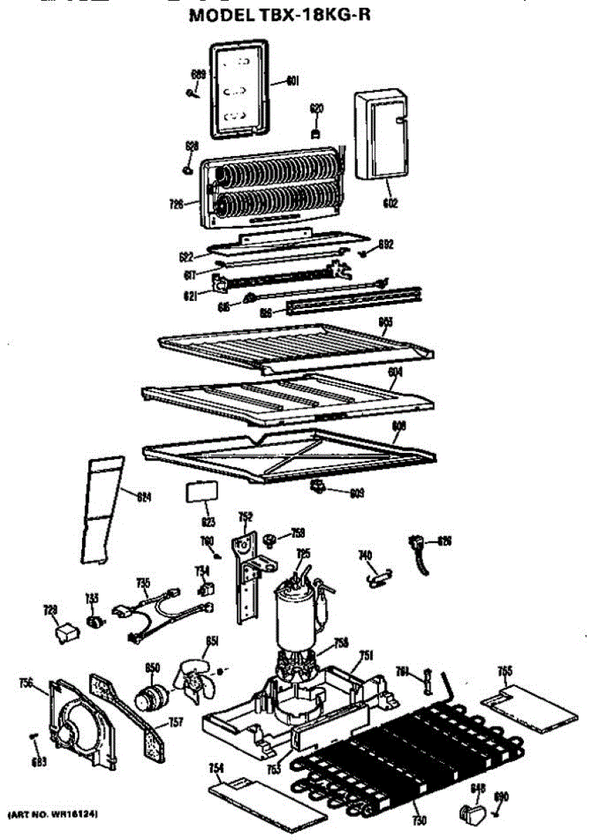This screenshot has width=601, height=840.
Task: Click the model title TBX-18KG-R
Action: click(279, 15)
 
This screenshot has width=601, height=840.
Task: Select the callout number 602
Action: click(390, 204)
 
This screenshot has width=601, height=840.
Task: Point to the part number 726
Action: click(176, 204)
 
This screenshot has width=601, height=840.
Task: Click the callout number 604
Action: click(395, 374)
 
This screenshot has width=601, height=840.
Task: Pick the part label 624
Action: click(144, 498)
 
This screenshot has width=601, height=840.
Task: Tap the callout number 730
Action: click(420, 820)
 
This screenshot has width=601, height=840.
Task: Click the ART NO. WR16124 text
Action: click(53, 814)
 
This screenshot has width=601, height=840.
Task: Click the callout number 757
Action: click(176, 722)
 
